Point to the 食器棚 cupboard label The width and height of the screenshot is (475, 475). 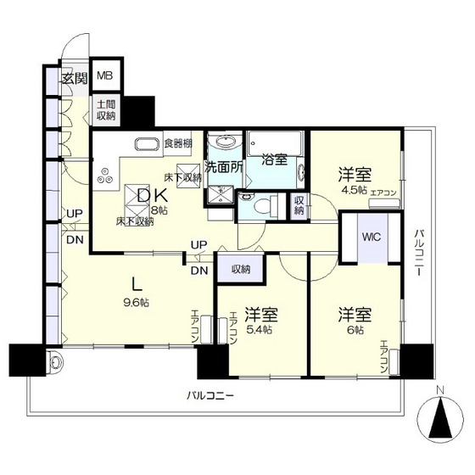coord(178,142)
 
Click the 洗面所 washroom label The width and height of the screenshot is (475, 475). coord(224,167)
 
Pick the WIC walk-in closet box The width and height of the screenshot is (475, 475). coord(372,237)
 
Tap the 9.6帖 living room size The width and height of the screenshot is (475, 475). coord(138,303)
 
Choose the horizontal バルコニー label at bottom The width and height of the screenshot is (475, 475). coord(209,394)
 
